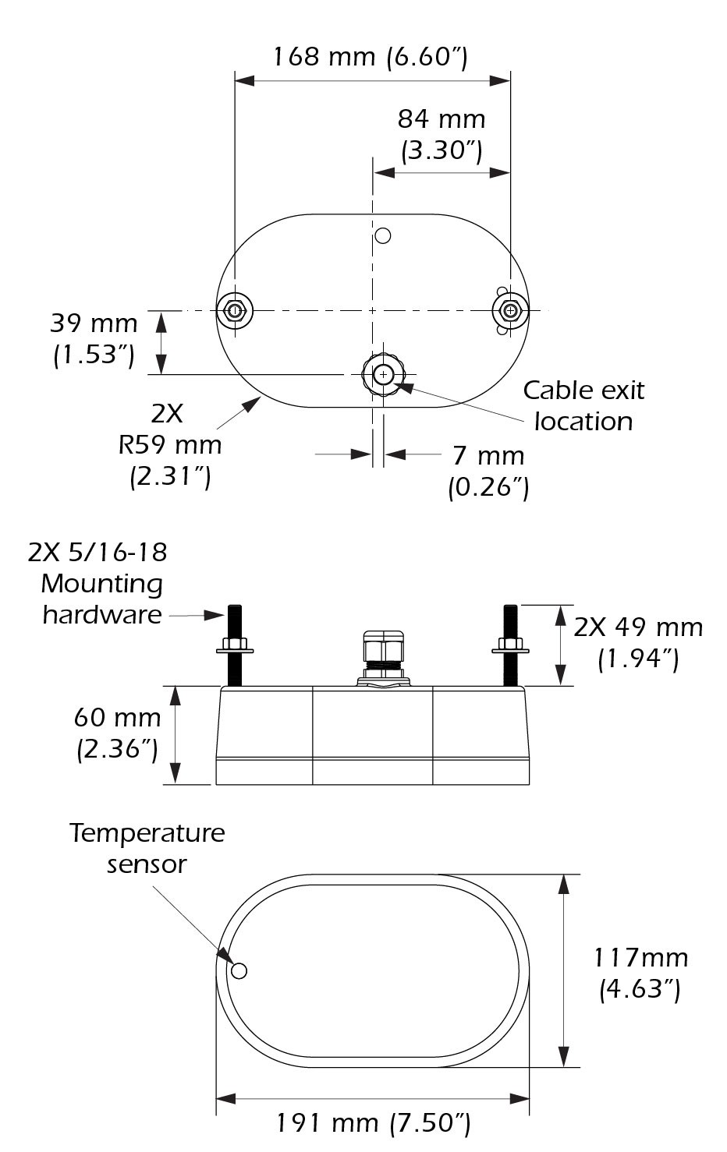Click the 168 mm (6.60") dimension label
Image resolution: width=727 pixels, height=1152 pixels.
[371, 57]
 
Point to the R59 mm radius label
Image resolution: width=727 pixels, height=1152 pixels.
[170, 445]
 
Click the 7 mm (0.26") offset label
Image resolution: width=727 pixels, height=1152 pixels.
[488, 471]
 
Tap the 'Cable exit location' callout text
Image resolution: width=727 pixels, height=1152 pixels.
[583, 405]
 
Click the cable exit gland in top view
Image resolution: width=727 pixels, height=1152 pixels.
[382, 375]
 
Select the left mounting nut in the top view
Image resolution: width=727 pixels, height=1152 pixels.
[234, 310]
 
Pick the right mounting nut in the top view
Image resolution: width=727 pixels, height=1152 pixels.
[510, 310]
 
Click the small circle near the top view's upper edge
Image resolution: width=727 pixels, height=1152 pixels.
[382, 235]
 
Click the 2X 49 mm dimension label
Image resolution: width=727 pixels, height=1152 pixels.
[638, 643]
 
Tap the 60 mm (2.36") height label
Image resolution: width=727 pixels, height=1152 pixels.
[117, 733]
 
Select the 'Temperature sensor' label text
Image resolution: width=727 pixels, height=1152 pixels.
[147, 848]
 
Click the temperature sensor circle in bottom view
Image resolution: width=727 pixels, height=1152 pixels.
[239, 970]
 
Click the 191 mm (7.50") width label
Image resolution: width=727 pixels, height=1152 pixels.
[373, 1123]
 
